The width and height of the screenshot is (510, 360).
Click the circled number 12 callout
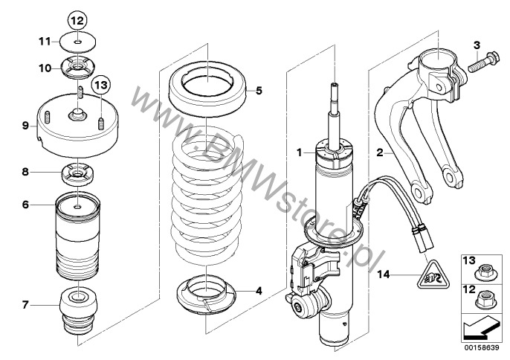(77, 21)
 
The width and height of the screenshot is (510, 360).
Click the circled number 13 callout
(101, 86)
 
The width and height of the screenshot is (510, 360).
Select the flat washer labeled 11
(78, 42)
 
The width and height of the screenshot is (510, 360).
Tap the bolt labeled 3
(482, 62)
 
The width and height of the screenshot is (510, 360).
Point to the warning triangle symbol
(433, 279)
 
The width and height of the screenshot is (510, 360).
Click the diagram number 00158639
(482, 348)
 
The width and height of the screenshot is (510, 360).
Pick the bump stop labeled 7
(78, 310)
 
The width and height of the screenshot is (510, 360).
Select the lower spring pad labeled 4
(206, 295)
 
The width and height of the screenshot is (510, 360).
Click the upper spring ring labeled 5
(207, 89)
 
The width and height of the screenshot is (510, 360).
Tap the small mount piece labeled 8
(77, 175)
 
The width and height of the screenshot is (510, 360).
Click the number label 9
(26, 125)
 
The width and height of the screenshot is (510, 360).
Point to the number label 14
(383, 274)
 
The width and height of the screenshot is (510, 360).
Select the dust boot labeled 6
(78, 236)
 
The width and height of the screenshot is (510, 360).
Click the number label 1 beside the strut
(300, 152)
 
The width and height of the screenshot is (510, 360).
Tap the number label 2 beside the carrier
(380, 152)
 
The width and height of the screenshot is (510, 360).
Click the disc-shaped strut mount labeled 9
(77, 125)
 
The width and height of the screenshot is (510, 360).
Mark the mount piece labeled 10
(77, 68)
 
